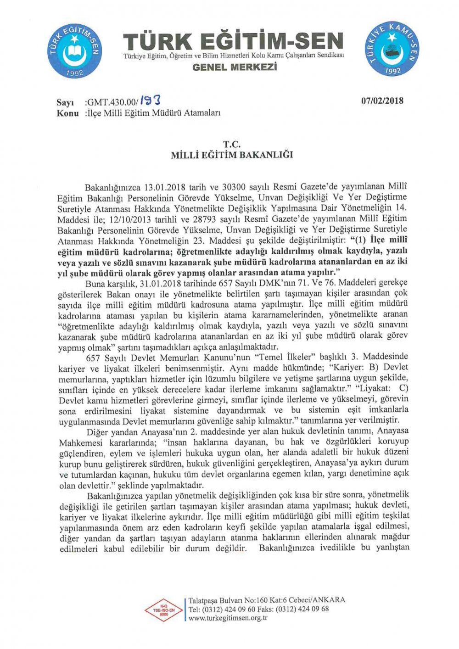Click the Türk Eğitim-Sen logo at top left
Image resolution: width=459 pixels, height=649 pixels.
tap(74, 51)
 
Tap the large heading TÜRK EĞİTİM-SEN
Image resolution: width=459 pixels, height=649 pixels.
tap(233, 41)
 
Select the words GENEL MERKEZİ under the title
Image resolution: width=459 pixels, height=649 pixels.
tap(235, 67)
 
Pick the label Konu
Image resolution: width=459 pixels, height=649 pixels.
tap(67, 113)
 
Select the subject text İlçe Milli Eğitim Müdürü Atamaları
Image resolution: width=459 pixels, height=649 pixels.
tap(153, 113)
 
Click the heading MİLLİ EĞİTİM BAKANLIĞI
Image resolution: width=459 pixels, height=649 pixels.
tap(232, 155)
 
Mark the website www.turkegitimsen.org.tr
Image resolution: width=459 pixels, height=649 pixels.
tap(228, 618)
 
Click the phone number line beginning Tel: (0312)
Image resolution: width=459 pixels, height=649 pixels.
tap(258, 609)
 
